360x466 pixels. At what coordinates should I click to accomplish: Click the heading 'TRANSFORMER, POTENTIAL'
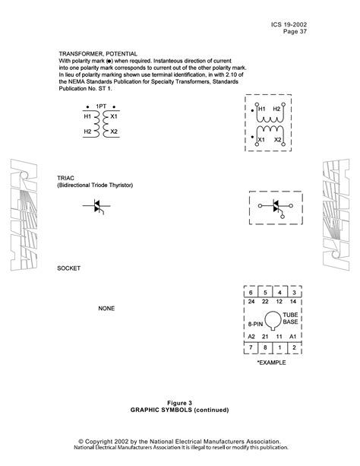[x=98, y=54]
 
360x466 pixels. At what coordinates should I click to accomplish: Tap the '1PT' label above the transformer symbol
[x=100, y=106]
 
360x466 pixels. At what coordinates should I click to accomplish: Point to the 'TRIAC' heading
[x=65, y=176]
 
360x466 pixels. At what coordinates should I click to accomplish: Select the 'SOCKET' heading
[x=68, y=269]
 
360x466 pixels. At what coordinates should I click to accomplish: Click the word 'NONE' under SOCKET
[x=106, y=309]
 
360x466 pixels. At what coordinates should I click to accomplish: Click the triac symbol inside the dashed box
[x=276, y=207]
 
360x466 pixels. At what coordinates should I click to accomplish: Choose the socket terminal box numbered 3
[x=293, y=292]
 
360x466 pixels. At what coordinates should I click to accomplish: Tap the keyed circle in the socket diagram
[x=272, y=320]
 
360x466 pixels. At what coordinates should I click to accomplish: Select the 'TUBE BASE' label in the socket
[x=291, y=318]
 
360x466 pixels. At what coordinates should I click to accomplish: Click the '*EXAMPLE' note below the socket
[x=271, y=363]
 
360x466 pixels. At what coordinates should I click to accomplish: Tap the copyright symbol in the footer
[x=81, y=441]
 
